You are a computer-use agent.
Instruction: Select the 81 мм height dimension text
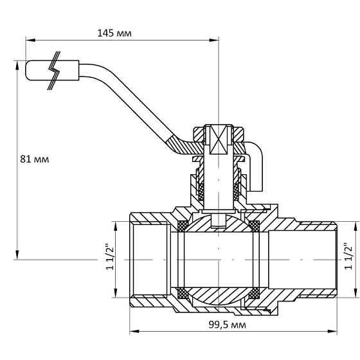tap(34, 157)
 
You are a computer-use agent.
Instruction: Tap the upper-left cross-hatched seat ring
tap(183, 226)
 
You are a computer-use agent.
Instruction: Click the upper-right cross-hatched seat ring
tap(255, 226)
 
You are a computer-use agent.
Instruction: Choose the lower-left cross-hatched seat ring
tap(183, 293)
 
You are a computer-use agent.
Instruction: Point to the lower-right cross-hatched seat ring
tap(255, 293)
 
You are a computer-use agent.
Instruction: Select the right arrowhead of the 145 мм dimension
tap(216, 39)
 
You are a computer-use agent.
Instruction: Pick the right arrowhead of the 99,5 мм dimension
tap(336, 332)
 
